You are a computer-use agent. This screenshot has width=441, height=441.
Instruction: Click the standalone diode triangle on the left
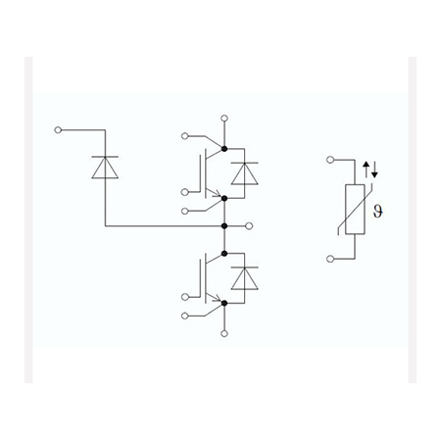pos(105,168)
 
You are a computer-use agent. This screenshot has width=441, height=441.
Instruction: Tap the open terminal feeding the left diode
pos(58,130)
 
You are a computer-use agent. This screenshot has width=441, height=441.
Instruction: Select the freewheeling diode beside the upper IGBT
pos(244,173)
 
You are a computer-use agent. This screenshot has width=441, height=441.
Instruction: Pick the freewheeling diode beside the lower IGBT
pos(244,278)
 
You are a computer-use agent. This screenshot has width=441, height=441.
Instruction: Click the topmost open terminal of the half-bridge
pos(224,118)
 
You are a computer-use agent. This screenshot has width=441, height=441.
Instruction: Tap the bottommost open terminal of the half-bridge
pos(224,333)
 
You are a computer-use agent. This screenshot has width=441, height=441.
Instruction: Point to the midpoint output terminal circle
pos(249,225)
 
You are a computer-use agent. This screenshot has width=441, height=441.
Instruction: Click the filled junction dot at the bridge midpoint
pos(224,225)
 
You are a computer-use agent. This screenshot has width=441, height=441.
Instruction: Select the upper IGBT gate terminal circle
pos(185,192)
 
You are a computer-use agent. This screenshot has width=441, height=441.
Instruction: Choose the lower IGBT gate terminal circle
pos(185,297)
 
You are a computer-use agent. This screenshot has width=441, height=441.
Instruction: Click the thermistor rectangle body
pos(355,210)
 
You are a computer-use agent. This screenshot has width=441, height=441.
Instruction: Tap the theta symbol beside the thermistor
pos(377,212)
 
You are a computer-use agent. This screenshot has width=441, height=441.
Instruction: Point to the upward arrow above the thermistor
pos(367,170)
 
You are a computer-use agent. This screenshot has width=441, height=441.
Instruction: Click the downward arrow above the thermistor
pos(374,170)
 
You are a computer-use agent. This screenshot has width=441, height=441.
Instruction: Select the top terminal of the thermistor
pos(330,160)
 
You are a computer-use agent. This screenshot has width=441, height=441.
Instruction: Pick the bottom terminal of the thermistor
pos(330,259)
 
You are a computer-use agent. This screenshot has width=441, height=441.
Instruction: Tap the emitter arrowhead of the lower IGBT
pos(217,298)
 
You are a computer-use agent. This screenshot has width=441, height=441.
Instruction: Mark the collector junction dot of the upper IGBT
pos(224,149)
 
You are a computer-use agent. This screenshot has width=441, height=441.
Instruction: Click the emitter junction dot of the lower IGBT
pos(224,304)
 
